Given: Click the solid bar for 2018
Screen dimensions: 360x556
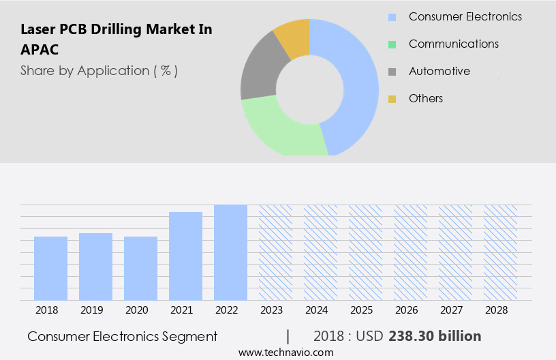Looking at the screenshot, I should click(50, 268).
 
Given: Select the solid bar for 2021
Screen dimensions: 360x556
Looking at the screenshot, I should click(185, 256).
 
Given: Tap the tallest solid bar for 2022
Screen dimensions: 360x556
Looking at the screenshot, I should click(230, 252).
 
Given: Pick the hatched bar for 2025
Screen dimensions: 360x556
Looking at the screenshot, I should click(365, 252).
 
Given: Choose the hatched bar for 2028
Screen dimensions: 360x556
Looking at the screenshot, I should click(500, 252).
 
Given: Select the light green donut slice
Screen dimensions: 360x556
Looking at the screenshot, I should click(279, 130).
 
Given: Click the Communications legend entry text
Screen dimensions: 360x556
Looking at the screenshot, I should click(453, 44).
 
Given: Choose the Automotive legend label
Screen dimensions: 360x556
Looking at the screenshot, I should click(439, 71).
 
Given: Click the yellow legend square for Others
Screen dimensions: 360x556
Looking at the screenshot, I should click(392, 99).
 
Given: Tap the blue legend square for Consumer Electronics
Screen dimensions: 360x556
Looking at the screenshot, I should click(392, 17).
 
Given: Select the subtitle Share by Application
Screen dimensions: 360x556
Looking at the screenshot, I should click(99, 70).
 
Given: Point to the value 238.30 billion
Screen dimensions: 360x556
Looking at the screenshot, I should click(435, 336).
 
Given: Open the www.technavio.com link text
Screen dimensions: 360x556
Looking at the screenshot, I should click(285, 352).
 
